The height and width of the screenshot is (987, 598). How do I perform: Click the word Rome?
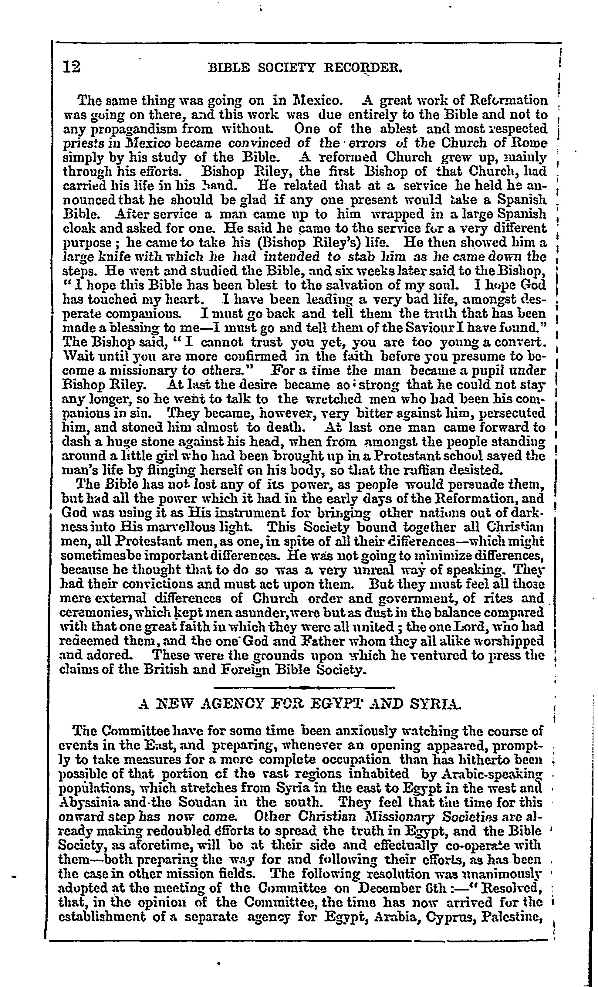[530, 143]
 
